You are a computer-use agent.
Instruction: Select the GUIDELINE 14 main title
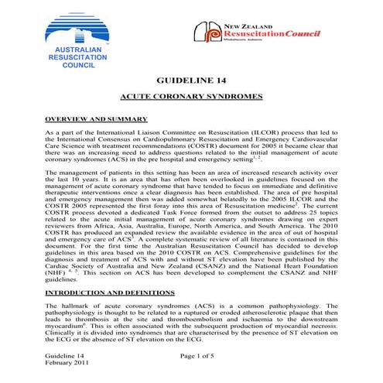pos(191,80)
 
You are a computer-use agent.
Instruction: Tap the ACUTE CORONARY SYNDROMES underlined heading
pos(191,97)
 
